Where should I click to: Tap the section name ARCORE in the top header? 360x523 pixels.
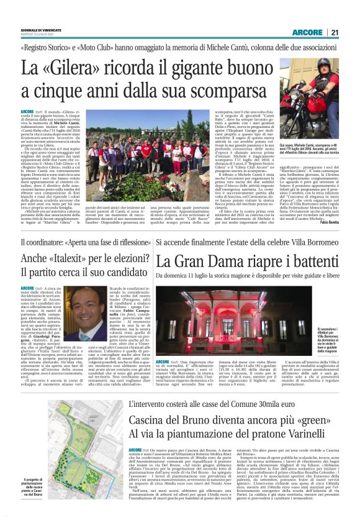click(308, 32)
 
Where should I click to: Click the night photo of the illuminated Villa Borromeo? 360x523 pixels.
click(235, 321)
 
